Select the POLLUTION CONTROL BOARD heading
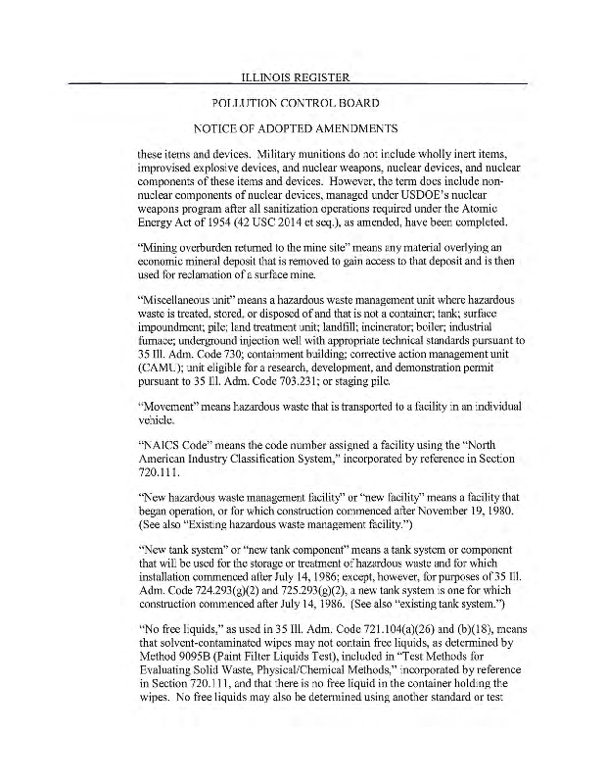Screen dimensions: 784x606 [303, 103]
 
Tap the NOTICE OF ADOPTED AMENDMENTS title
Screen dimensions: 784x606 [303, 128]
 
